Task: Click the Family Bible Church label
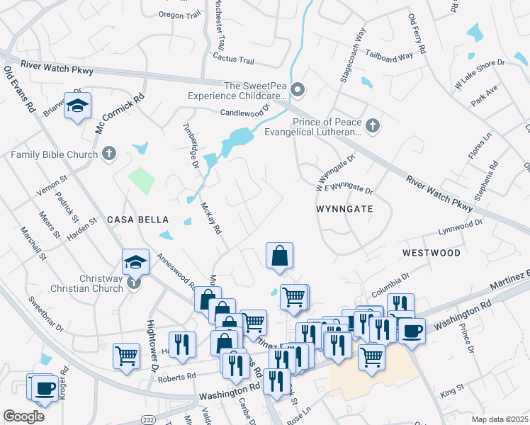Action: tap(53, 153)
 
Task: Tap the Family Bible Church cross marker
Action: tap(108, 153)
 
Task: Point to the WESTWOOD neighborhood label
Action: tap(432, 253)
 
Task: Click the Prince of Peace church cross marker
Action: tap(373, 126)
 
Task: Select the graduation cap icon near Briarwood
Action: tap(77, 106)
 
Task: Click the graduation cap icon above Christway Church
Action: tap(135, 262)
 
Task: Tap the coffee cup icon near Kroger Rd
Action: tap(45, 388)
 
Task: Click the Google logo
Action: tap(23, 416)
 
